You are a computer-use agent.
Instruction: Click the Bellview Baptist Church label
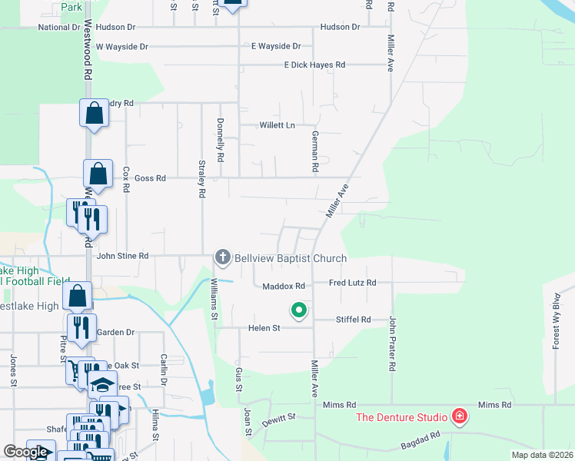pyautogui.click(x=291, y=258)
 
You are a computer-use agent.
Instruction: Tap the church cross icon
pyautogui.click(x=222, y=257)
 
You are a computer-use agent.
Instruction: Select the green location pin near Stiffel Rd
pyautogui.click(x=298, y=310)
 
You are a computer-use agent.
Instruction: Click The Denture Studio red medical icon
pyautogui.click(x=460, y=417)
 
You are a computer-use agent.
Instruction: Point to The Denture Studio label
pyautogui.click(x=401, y=417)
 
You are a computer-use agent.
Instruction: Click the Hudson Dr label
pyautogui.click(x=340, y=27)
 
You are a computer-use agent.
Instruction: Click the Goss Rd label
pyautogui.click(x=150, y=178)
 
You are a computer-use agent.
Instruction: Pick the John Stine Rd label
pyautogui.click(x=122, y=256)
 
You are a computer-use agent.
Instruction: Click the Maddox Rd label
pyautogui.click(x=284, y=286)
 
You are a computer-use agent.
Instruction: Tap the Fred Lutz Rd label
pyautogui.click(x=352, y=283)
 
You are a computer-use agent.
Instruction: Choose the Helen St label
pyautogui.click(x=264, y=328)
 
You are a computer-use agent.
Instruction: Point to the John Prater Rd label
pyautogui.click(x=392, y=344)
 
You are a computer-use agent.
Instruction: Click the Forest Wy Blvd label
pyautogui.click(x=557, y=322)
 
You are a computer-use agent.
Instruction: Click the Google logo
pyautogui.click(x=25, y=452)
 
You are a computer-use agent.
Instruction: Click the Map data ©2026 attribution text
pyautogui.click(x=542, y=455)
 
